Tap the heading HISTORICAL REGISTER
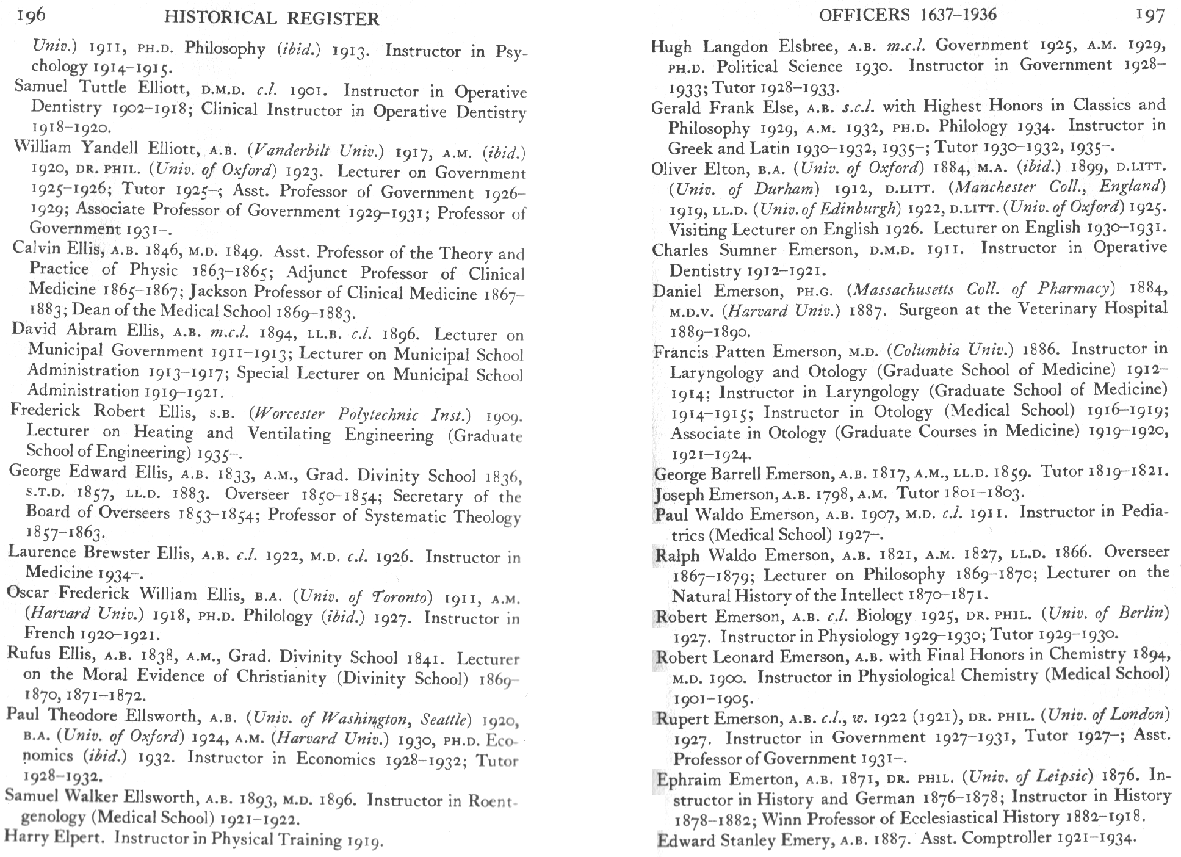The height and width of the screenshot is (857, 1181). (272, 19)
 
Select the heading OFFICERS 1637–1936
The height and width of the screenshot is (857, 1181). (908, 15)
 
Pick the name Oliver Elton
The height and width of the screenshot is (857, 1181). (694, 168)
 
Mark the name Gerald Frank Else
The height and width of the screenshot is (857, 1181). (724, 107)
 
